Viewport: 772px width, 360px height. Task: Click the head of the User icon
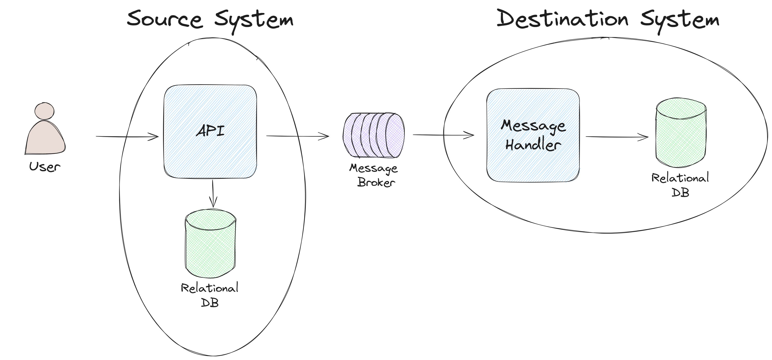(44, 111)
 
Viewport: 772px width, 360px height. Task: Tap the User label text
(45, 167)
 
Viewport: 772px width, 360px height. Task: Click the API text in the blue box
(210, 131)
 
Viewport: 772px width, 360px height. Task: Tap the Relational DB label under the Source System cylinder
(210, 295)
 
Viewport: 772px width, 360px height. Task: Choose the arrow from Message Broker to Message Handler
(443, 135)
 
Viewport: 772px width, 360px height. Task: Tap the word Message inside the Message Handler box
(533, 126)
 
